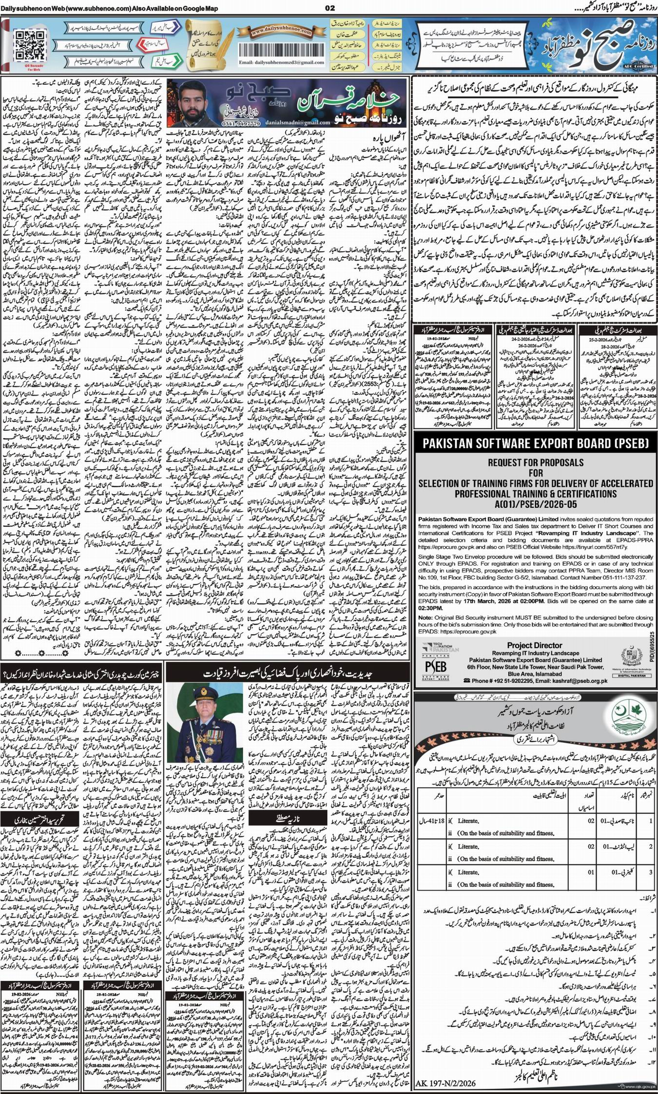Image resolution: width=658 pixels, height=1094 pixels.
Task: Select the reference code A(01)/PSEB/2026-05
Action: (535, 504)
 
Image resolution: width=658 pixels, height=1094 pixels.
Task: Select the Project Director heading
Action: (534, 645)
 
